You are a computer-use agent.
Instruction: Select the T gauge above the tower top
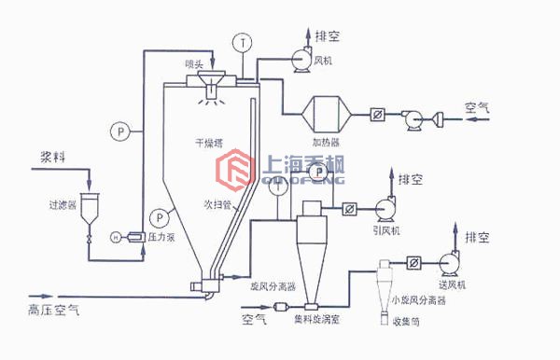[x=244, y=42]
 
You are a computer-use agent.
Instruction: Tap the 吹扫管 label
[x=216, y=202]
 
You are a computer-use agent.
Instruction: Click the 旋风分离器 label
[x=273, y=288]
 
